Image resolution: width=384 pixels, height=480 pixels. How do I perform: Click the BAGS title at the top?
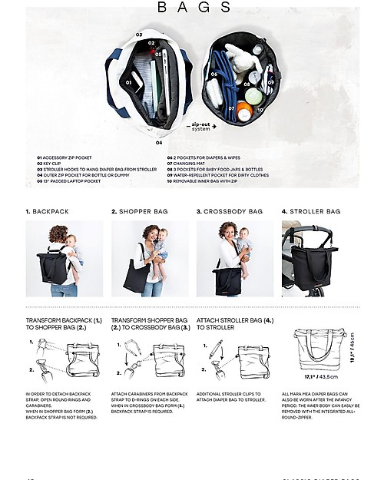194,8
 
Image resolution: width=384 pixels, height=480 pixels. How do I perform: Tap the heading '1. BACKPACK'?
48,210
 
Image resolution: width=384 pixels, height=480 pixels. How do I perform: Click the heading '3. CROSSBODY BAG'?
229,210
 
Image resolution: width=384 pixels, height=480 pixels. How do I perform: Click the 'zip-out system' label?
200,125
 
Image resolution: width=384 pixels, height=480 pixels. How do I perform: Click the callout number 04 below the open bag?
159,142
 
